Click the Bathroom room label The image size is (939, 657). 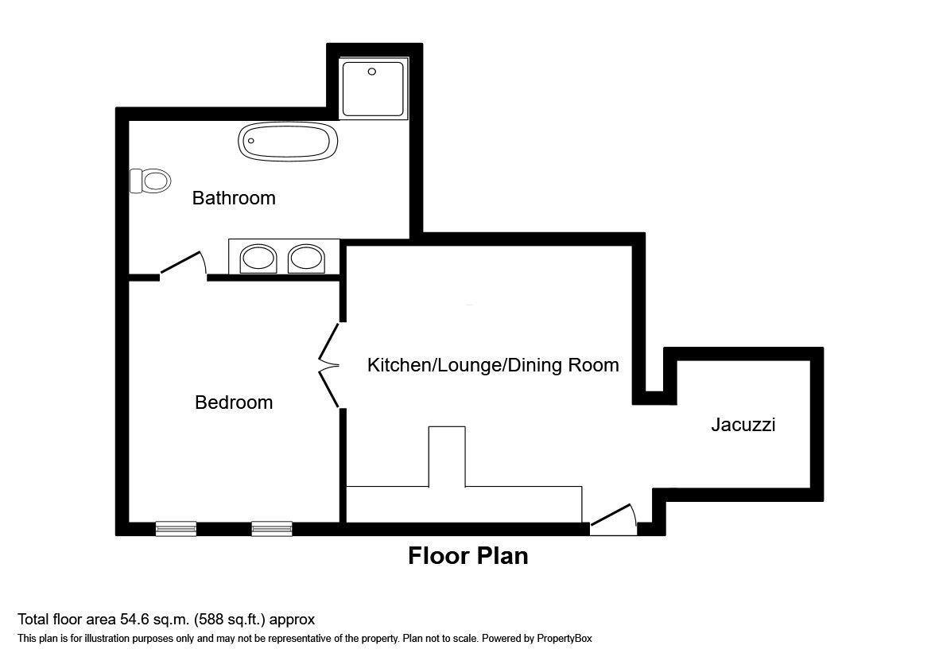pyautogui.click(x=234, y=198)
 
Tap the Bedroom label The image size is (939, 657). pyautogui.click(x=234, y=402)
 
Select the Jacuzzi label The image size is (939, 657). pyautogui.click(x=743, y=425)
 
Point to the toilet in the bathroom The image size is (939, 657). pyautogui.click(x=151, y=181)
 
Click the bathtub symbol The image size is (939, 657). pyautogui.click(x=288, y=143)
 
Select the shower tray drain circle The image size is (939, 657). pyautogui.click(x=371, y=72)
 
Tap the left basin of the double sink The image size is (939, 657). pyautogui.click(x=258, y=258)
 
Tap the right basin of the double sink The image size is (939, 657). pyautogui.click(x=306, y=258)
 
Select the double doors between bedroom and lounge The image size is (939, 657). pyautogui.click(x=328, y=366)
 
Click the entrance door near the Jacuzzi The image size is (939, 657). pyautogui.click(x=613, y=517)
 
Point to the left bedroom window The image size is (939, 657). pyautogui.click(x=176, y=528)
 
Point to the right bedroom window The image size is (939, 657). pyautogui.click(x=272, y=528)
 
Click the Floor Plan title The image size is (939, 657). pyautogui.click(x=468, y=555)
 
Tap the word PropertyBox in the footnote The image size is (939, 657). pyautogui.click(x=563, y=638)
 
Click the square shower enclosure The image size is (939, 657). pyautogui.click(x=373, y=87)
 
